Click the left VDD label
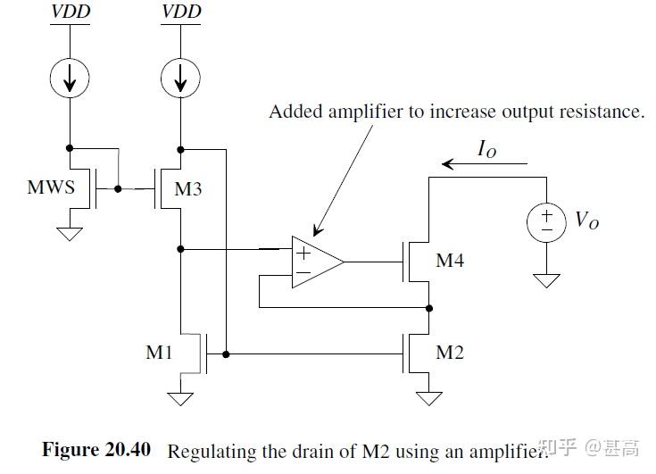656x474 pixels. (x=70, y=12)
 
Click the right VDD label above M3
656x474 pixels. (x=181, y=12)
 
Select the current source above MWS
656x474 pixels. (x=70, y=81)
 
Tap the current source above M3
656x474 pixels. (x=181, y=81)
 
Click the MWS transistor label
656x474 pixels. (x=50, y=189)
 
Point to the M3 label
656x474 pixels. (x=189, y=189)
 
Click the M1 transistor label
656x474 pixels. (x=159, y=353)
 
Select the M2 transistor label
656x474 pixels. (x=450, y=353)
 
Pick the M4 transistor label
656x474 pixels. (x=450, y=262)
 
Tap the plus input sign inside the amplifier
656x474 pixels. (x=303, y=252)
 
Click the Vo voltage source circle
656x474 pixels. (x=546, y=221)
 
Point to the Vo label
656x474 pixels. (x=586, y=220)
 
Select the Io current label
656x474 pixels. (x=486, y=150)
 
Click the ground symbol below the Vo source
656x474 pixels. (x=546, y=280)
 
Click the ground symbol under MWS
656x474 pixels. (x=70, y=233)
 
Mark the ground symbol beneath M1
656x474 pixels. (x=181, y=397)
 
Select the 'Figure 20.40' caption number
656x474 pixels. (x=96, y=449)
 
